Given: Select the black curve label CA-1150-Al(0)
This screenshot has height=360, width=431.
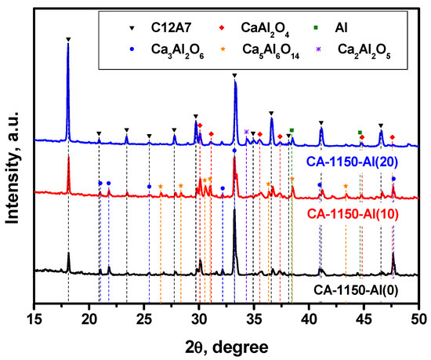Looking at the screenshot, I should click(x=360, y=289).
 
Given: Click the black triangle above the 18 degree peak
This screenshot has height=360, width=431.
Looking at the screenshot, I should click(x=68, y=38).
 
